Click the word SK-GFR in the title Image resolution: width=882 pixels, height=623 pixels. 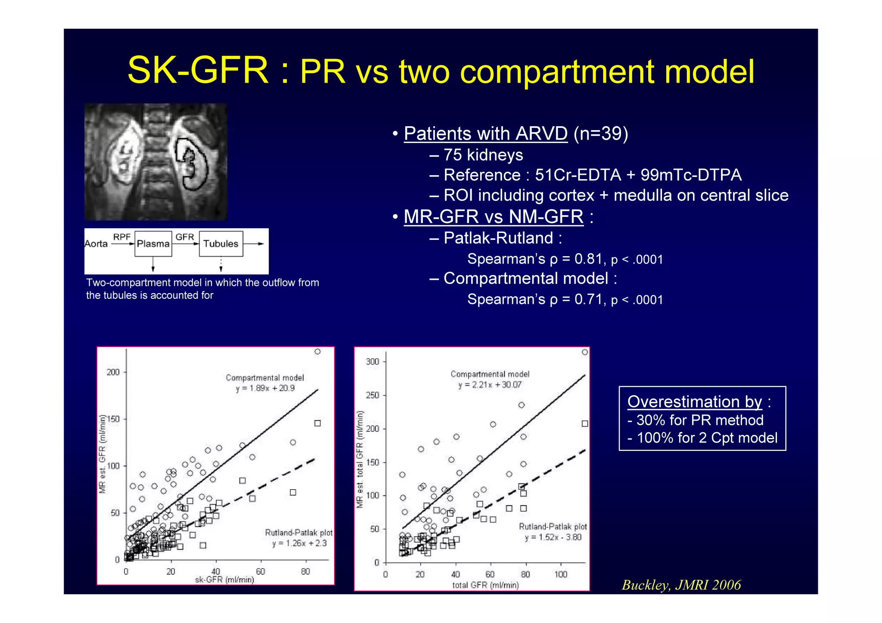pos(198,71)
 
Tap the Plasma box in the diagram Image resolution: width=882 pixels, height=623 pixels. pos(153,244)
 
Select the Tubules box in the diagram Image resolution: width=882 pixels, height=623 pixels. pos(220,244)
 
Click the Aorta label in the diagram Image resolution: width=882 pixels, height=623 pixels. pos(96,244)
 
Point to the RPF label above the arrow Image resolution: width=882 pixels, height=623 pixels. pos(121,237)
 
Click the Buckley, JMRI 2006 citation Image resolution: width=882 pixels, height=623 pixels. pos(681,585)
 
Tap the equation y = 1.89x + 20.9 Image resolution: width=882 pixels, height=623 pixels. pos(265,388)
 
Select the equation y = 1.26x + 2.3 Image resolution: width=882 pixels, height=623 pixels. pos(299,543)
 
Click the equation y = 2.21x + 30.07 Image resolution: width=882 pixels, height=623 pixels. pos(490,385)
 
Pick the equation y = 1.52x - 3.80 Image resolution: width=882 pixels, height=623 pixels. pos(553,537)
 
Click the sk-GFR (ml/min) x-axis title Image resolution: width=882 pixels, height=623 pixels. pos(224,580)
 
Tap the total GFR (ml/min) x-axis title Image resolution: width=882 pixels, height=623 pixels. pos(485,585)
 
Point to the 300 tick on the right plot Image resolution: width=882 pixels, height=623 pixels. pos(373,362)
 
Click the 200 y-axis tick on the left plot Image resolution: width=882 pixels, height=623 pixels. pos(113,372)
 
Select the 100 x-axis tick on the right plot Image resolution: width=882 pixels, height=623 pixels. pos(560,574)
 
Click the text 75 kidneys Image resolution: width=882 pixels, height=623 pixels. pos(483,155)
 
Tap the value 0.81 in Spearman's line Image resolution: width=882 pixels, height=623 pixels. pos(588,259)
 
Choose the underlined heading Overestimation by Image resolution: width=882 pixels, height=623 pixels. pos(694,401)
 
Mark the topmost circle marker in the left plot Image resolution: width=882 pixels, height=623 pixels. pos(317,352)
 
